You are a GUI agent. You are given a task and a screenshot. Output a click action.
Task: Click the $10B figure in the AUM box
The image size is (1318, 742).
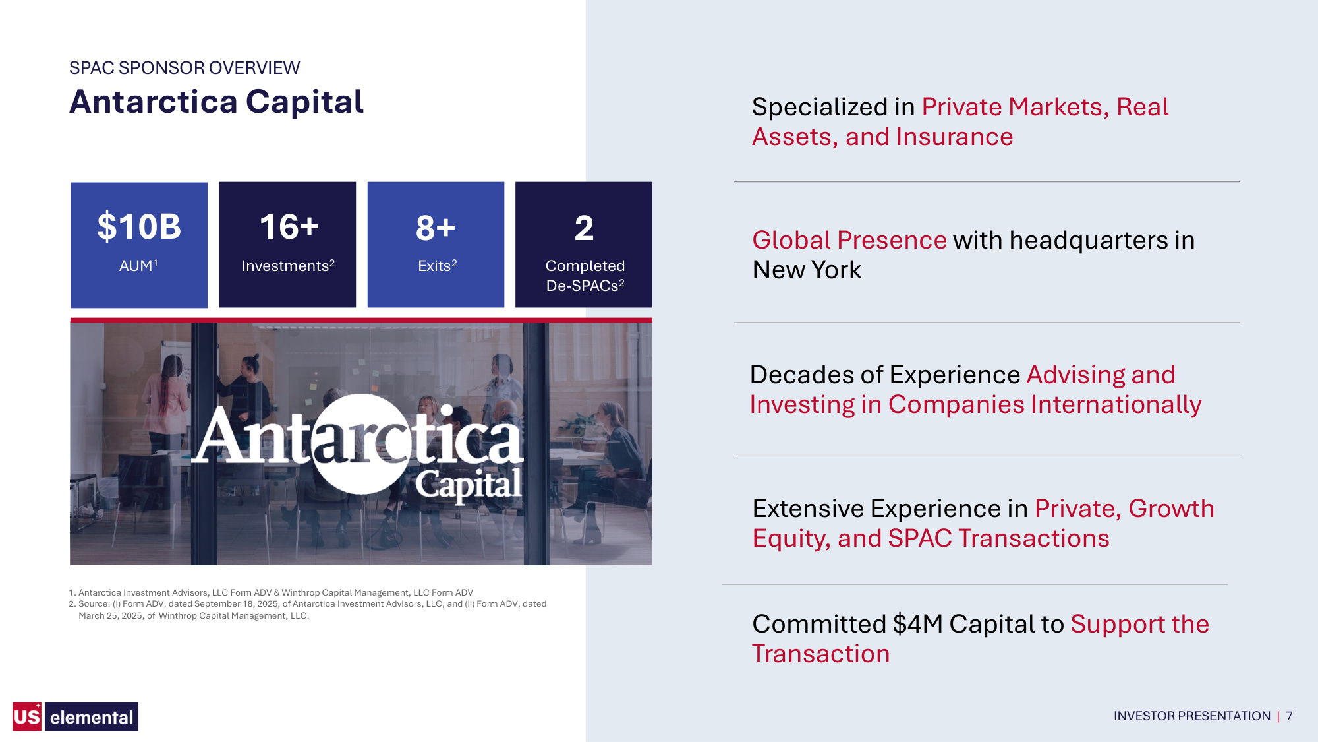(139, 227)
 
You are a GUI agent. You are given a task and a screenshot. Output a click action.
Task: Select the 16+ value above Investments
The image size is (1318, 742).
(289, 227)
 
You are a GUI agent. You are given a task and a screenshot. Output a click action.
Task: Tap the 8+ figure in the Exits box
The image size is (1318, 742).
(436, 228)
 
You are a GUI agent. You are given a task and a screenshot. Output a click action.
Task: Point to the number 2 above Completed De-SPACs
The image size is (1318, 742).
(584, 228)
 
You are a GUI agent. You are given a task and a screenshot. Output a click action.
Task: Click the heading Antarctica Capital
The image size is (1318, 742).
(216, 102)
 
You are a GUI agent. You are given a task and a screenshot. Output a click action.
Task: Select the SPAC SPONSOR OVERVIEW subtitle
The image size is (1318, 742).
(185, 67)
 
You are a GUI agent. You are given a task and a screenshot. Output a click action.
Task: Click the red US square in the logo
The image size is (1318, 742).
(27, 716)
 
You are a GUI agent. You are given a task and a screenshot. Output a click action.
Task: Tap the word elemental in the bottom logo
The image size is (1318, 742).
(92, 717)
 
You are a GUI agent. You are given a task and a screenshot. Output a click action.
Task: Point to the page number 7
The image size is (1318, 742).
(1289, 716)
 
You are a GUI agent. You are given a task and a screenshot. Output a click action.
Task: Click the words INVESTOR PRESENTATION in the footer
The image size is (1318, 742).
(1191, 716)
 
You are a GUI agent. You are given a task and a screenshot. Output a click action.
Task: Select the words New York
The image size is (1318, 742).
(807, 270)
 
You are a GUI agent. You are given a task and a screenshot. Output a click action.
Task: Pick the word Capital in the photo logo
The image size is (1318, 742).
(469, 485)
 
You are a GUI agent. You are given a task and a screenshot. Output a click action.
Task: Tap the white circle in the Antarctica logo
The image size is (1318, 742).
(362, 444)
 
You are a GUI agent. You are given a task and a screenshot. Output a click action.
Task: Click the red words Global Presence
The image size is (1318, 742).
(849, 240)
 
